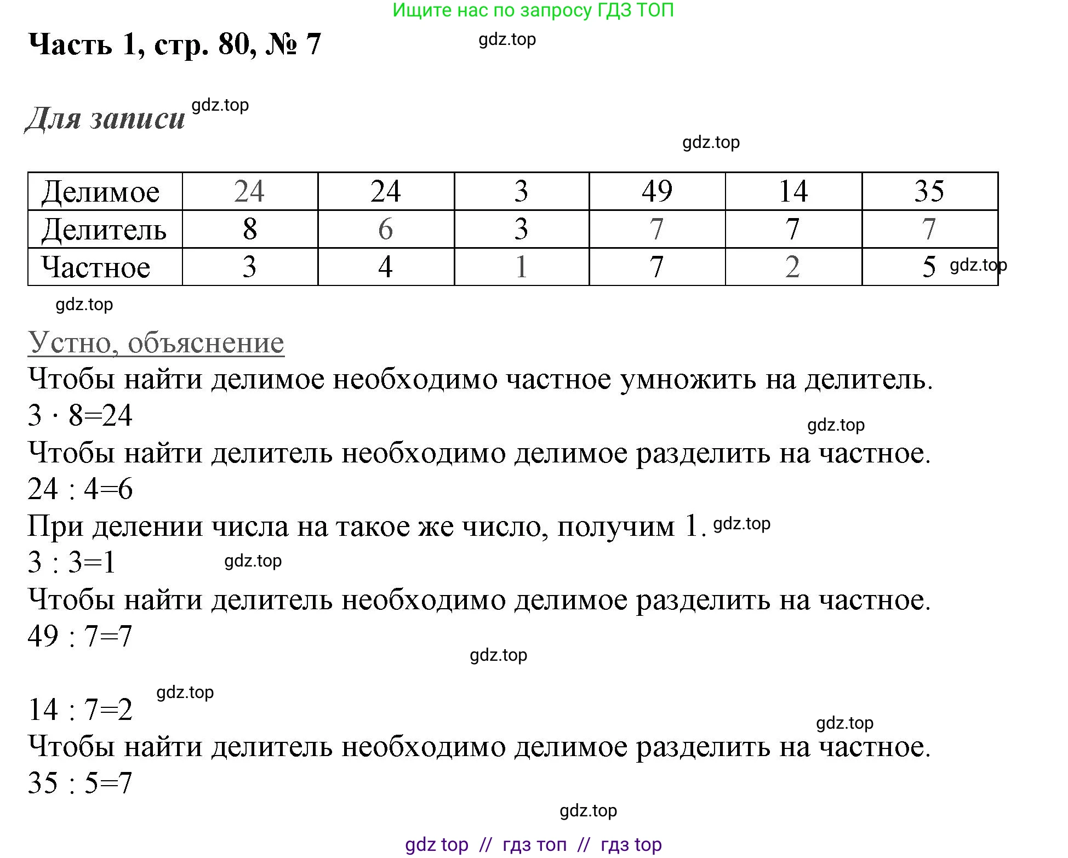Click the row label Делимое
coord(101,192)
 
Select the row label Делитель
coord(104,230)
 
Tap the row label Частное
coord(96,267)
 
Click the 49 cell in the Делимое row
coord(657,191)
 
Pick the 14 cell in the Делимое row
coord(793,191)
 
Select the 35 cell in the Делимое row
coord(929,191)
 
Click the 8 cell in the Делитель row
coord(250,229)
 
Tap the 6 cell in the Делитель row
coord(386,229)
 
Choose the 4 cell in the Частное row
coord(386,267)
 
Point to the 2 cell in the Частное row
coord(793,267)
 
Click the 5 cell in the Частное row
coord(929,267)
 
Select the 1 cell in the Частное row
coord(521,267)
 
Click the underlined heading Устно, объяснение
coord(156,343)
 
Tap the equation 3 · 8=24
coord(80,415)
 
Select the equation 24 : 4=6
coord(80,489)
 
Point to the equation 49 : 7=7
coord(80,636)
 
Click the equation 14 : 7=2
coord(80,710)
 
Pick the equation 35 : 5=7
coord(80,783)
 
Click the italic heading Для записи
coord(106,118)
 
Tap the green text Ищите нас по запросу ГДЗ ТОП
coord(533,10)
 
